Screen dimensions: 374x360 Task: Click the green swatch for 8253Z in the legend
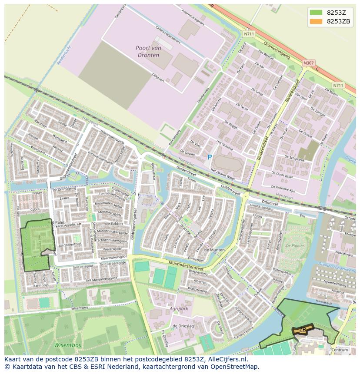point(316,12)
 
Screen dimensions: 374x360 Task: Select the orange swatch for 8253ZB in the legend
point(316,21)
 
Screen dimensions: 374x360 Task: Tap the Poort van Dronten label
point(147,52)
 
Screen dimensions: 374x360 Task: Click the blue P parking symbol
point(210,157)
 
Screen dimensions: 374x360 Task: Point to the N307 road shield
point(308,63)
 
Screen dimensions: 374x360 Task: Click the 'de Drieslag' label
point(183,326)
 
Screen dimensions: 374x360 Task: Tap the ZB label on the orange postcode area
point(303,330)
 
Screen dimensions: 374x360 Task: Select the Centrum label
point(340,350)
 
